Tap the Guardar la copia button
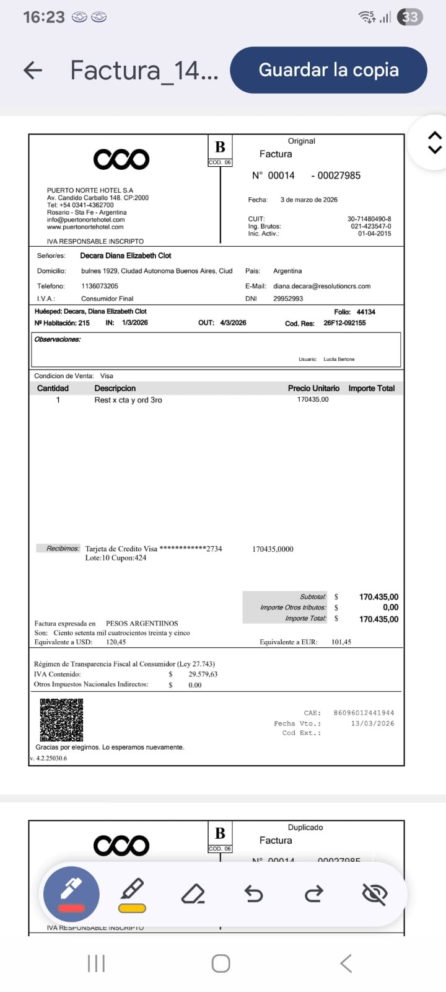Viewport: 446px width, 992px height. (x=328, y=70)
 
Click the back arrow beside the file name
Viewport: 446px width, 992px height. (x=33, y=70)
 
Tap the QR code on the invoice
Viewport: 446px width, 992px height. (x=61, y=720)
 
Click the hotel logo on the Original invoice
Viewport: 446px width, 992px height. (x=121, y=159)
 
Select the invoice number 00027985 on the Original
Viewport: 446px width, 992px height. (x=339, y=175)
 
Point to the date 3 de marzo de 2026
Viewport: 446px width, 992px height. (x=308, y=200)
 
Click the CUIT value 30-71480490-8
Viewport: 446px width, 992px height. (x=369, y=219)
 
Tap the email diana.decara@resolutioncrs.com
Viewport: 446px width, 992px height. (x=321, y=286)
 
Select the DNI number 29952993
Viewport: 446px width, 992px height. (x=288, y=299)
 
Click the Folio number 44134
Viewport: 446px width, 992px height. (x=365, y=312)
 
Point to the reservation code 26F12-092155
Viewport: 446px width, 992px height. (x=344, y=323)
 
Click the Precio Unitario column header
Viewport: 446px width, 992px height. (x=313, y=388)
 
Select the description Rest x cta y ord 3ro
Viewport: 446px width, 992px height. (x=128, y=400)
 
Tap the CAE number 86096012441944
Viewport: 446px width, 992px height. (x=364, y=713)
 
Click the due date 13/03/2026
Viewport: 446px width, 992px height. (x=372, y=724)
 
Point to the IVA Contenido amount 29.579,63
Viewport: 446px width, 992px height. (x=203, y=674)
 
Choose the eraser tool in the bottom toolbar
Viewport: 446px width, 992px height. (x=193, y=894)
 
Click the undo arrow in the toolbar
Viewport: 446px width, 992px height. (x=254, y=894)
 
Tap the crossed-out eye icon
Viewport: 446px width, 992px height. (x=375, y=894)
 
